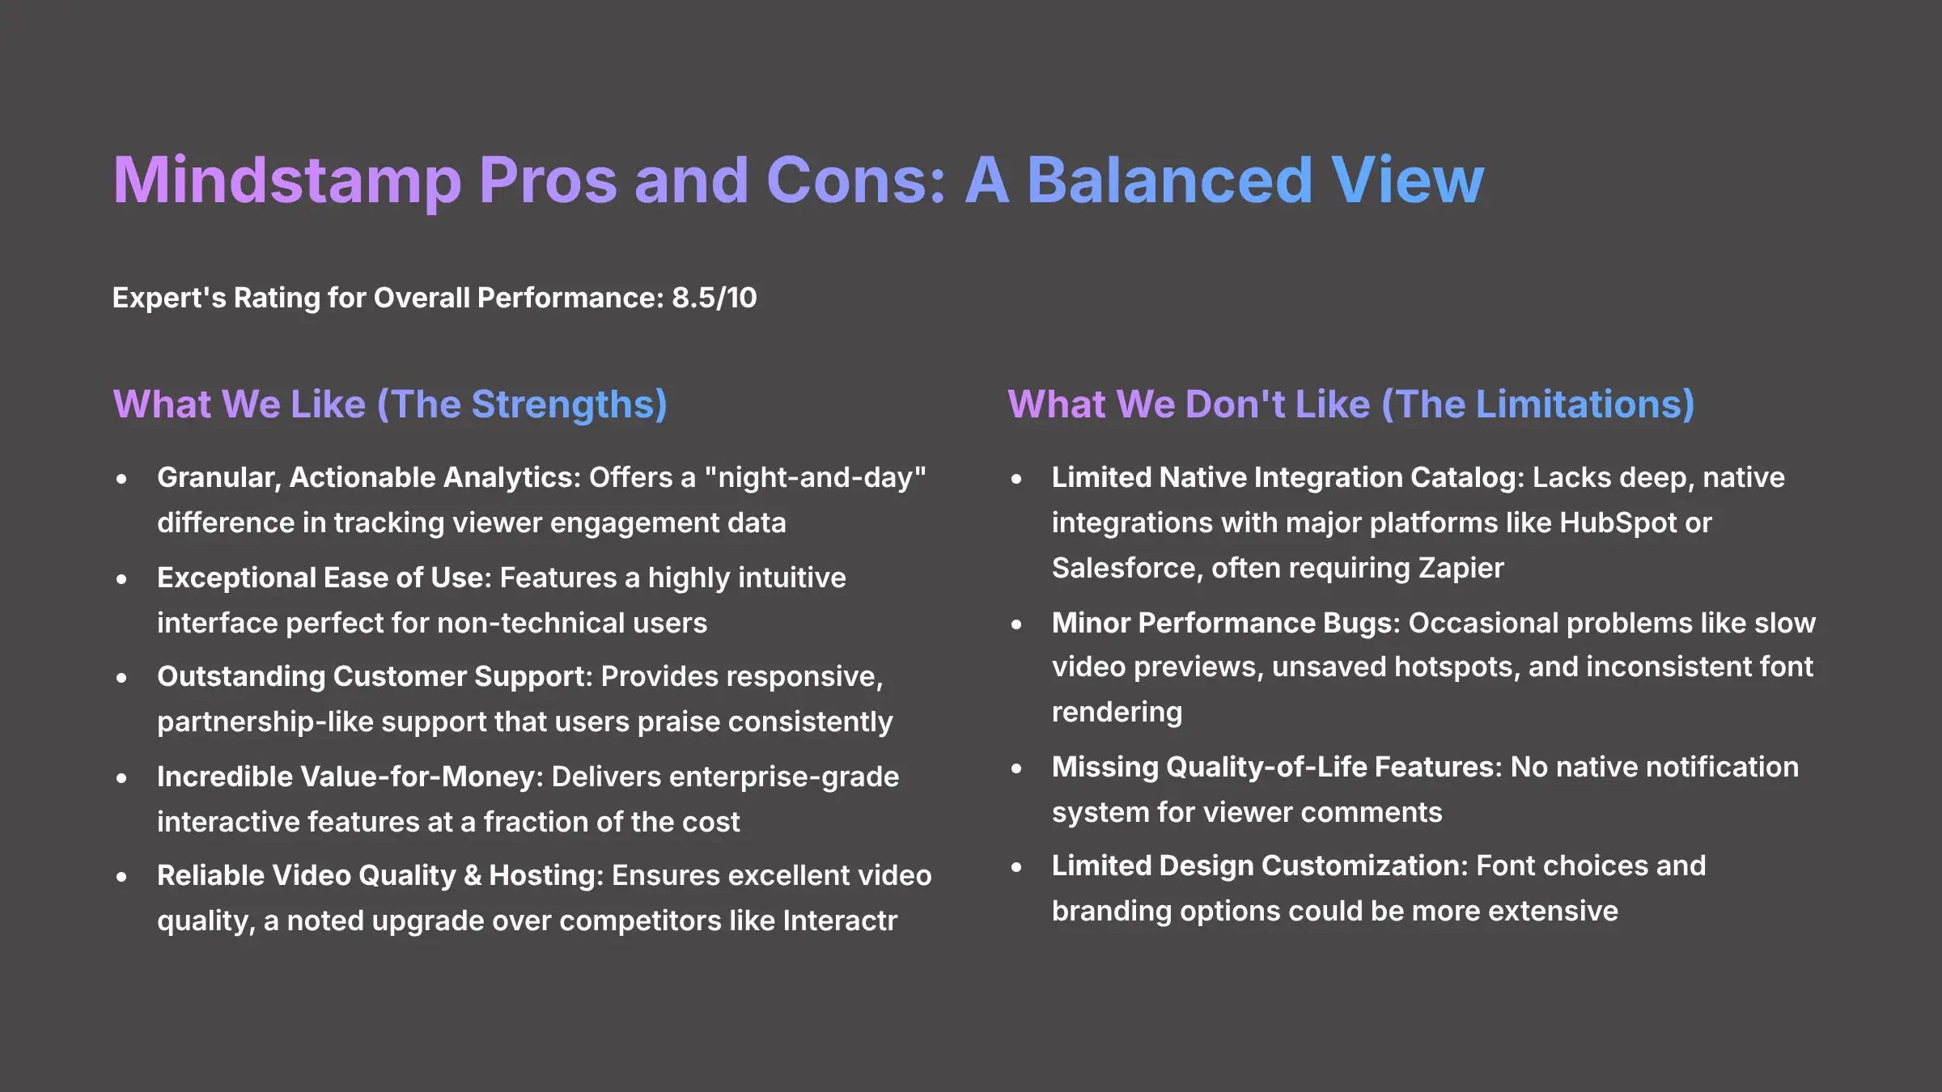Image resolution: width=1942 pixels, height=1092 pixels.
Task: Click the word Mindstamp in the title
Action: (x=286, y=180)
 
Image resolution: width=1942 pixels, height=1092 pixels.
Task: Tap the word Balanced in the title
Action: (x=1169, y=180)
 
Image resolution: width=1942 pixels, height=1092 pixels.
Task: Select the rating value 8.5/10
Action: (x=714, y=298)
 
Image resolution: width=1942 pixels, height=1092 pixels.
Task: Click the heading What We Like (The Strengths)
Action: (x=389, y=404)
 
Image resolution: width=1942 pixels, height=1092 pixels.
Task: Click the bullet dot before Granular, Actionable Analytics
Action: (x=121, y=479)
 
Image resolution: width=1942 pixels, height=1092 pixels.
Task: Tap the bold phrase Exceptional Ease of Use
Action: (x=324, y=578)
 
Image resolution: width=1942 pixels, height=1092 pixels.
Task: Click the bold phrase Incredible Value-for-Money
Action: (x=350, y=777)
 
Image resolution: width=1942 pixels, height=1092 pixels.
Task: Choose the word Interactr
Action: (x=840, y=921)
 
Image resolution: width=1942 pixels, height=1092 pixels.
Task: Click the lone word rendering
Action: (x=1117, y=712)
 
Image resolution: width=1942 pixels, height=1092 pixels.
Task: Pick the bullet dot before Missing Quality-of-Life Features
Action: (x=1016, y=768)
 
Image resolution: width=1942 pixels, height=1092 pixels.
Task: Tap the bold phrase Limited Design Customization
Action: (x=1259, y=866)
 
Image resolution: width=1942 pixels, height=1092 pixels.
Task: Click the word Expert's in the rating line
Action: (x=169, y=298)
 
